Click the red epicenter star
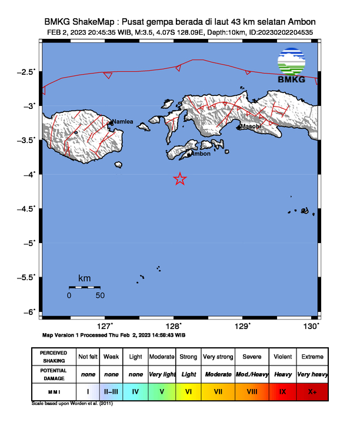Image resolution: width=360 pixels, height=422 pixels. click(x=181, y=180)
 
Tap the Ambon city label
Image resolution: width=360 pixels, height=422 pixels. click(x=202, y=154)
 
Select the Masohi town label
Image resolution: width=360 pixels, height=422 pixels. click(x=250, y=127)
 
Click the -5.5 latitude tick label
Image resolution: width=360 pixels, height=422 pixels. click(x=26, y=277)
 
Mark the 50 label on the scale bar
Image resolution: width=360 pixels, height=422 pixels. click(x=100, y=295)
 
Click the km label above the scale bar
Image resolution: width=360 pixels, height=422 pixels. click(x=84, y=278)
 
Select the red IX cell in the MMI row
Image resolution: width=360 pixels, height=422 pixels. click(x=282, y=391)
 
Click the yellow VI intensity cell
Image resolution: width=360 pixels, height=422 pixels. click(x=189, y=391)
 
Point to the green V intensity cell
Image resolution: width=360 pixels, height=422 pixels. click(x=161, y=391)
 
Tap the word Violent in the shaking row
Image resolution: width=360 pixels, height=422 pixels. click(x=282, y=357)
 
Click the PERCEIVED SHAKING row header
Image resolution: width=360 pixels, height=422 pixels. click(x=54, y=357)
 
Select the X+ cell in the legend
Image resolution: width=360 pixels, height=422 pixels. click(x=312, y=391)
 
